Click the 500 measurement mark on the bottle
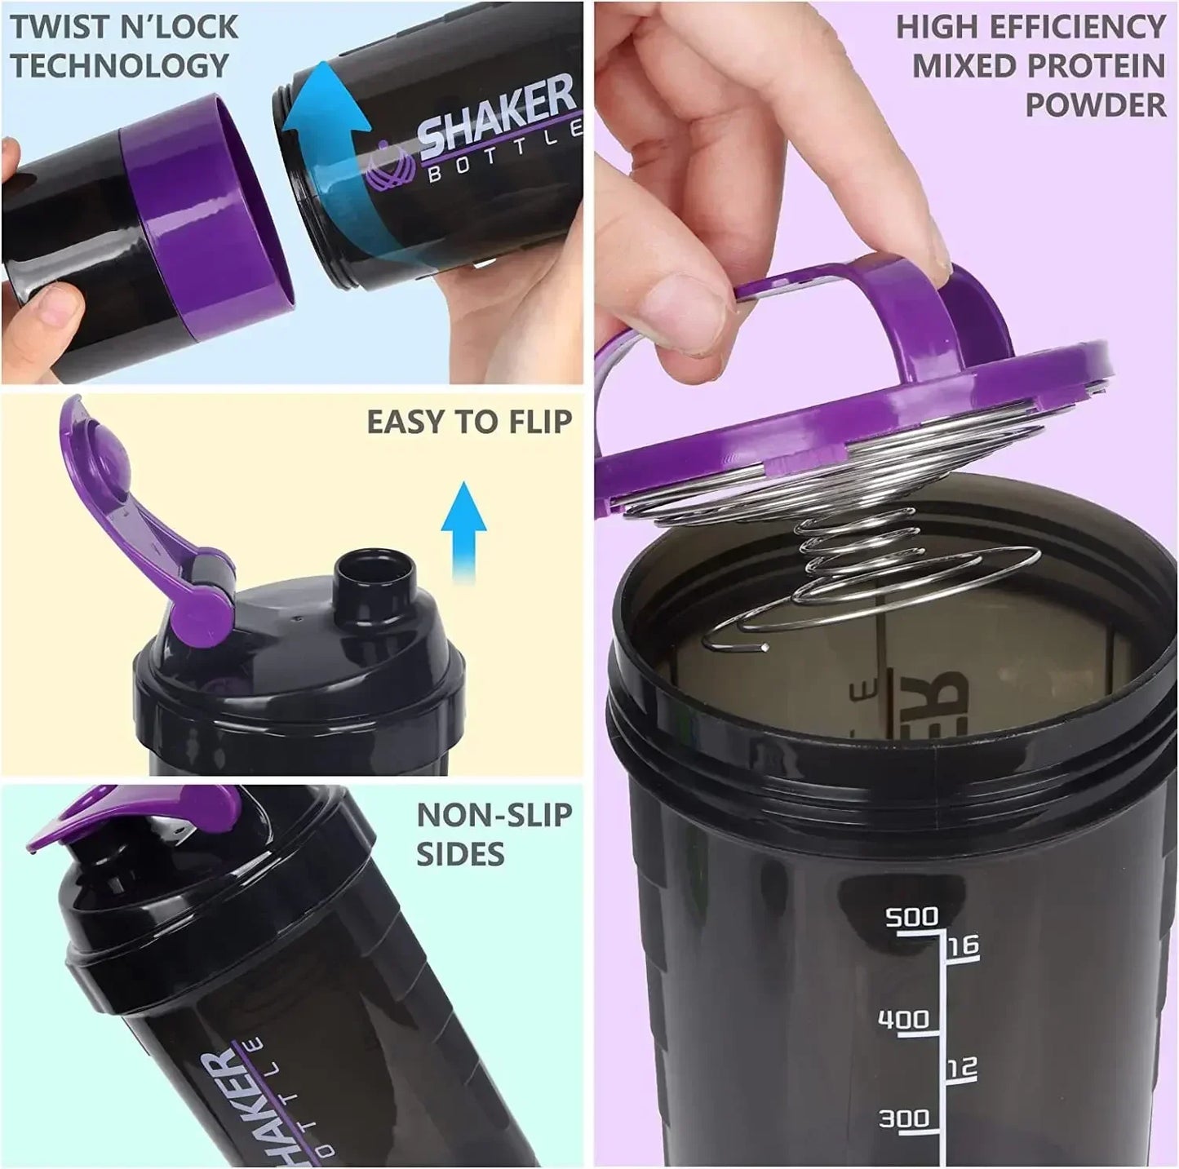pyautogui.click(x=911, y=917)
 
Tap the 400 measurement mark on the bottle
pyautogui.click(x=902, y=1019)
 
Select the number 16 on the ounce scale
pyautogui.click(x=961, y=946)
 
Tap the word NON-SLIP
pyautogui.click(x=494, y=815)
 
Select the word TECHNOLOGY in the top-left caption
pyautogui.click(x=119, y=65)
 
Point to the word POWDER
pyautogui.click(x=1095, y=104)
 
